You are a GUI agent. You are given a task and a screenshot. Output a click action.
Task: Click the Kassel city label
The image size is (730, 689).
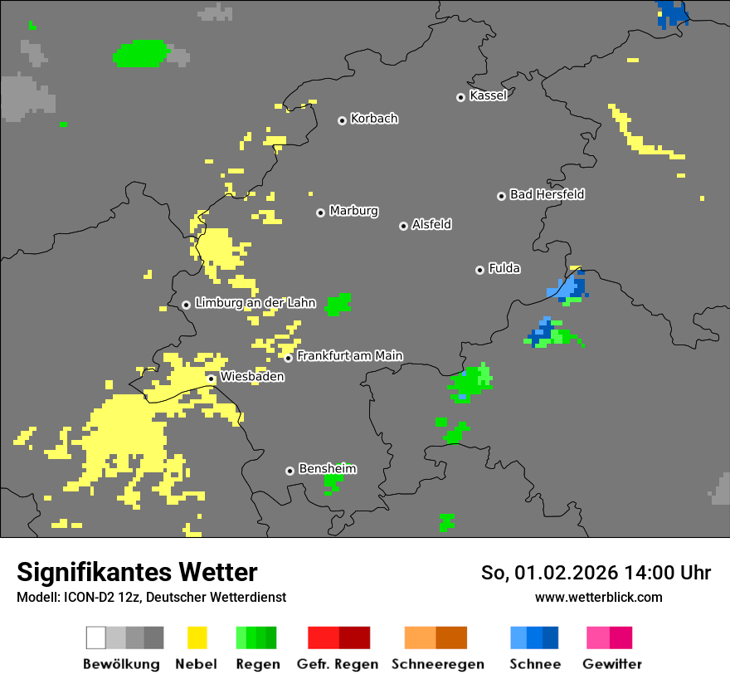click(488, 95)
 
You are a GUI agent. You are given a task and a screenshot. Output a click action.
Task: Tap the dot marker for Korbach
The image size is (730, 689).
click(342, 120)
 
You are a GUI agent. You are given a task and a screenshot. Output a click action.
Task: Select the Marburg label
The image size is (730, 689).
click(353, 211)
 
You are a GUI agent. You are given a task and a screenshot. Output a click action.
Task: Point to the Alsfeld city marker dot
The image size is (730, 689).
click(403, 226)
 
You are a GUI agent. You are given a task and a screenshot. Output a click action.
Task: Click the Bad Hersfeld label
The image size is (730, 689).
click(547, 194)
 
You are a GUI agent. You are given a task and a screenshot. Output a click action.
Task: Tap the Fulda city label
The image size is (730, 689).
click(504, 268)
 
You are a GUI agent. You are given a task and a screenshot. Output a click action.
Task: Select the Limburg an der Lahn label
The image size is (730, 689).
click(255, 303)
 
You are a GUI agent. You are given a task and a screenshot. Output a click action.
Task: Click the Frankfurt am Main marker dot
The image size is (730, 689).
click(289, 358)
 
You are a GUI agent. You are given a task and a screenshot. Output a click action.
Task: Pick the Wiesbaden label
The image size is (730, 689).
click(252, 377)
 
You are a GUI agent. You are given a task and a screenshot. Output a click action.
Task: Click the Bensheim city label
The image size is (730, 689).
click(327, 469)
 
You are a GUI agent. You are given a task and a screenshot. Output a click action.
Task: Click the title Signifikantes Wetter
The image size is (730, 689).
click(137, 572)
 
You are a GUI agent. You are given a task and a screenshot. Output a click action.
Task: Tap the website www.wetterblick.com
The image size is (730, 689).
click(598, 597)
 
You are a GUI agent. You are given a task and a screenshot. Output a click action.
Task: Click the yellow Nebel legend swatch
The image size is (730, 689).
click(197, 638)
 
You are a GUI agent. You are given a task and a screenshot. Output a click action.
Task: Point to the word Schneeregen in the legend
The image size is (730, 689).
click(438, 664)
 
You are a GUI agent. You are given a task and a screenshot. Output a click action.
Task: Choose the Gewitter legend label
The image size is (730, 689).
click(612, 664)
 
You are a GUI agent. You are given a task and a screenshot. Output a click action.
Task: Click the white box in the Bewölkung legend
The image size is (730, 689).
click(96, 638)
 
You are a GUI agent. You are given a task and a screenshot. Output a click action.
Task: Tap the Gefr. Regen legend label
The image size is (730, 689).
click(338, 664)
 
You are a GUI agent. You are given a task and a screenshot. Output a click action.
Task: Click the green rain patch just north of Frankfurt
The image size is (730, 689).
click(338, 304)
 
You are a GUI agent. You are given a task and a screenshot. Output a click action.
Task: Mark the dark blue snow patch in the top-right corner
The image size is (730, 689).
click(671, 13)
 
